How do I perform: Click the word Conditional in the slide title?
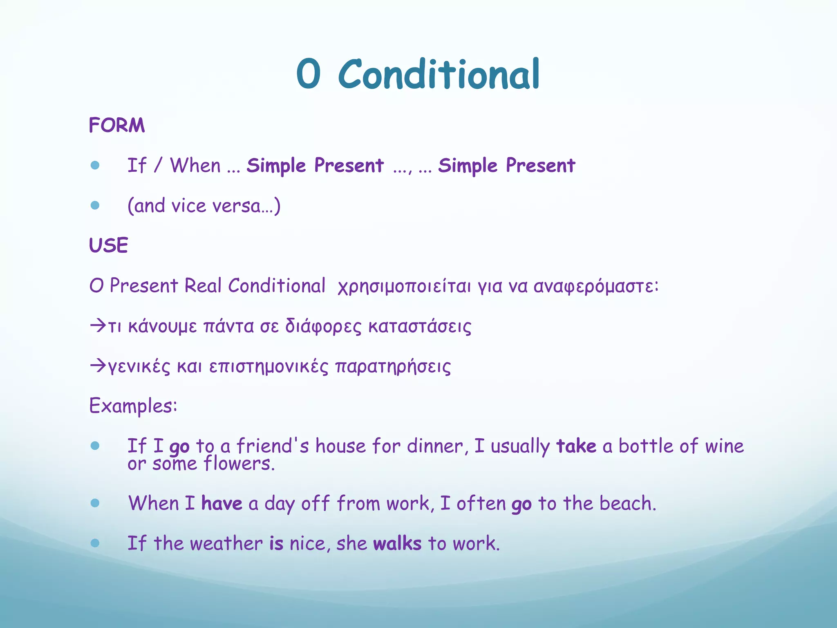439,74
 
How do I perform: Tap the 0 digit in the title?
308,74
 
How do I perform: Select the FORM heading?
117,125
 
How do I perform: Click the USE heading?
109,245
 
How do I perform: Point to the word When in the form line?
195,166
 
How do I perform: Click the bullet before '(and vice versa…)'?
95,205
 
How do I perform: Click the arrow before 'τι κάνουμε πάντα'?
98,326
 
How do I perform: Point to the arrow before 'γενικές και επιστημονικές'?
98,366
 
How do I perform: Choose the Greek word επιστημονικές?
269,366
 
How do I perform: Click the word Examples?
133,406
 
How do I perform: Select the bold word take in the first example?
576,446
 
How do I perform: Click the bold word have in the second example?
222,503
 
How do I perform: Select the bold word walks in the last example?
397,543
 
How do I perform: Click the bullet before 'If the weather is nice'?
95,543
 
